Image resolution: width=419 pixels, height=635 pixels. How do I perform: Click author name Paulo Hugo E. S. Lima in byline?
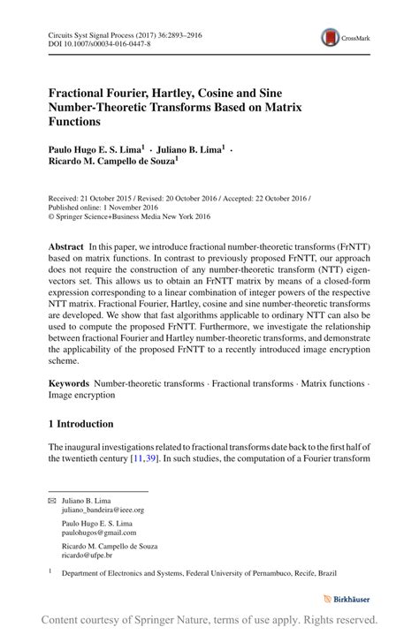[x=96, y=151]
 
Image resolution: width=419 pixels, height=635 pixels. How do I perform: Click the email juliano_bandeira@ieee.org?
[x=102, y=510]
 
